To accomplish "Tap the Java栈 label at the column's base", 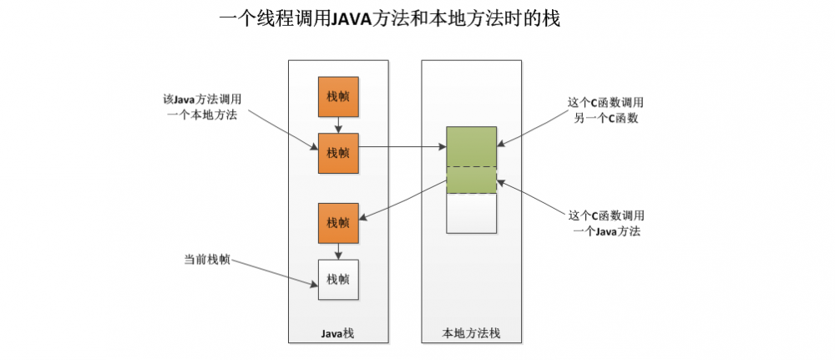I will tap(337, 333).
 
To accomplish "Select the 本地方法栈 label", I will tap(471, 333).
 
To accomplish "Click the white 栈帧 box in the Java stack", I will tap(338, 279).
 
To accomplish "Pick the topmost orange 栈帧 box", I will tap(338, 97).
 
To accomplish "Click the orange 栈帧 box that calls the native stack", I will tap(338, 153).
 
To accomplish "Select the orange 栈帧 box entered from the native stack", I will tap(338, 222).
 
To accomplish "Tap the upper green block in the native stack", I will tap(472, 146).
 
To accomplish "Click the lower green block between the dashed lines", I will tap(472, 180).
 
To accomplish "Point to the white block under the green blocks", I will tap(472, 213).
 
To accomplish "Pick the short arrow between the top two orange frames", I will tap(338, 125).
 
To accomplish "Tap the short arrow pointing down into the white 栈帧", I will tap(338, 251).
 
